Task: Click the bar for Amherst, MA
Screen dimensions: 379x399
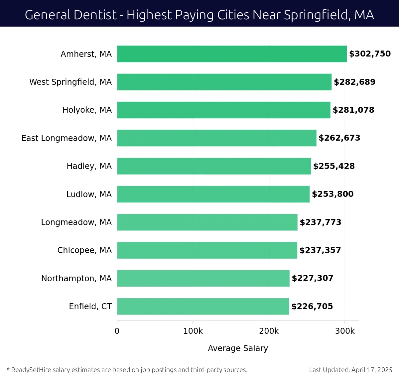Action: point(232,54)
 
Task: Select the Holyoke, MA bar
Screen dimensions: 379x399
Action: point(223,110)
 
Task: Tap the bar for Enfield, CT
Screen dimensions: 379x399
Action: point(203,307)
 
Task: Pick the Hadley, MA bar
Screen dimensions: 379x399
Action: point(214,166)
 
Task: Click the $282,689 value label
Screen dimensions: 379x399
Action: point(354,82)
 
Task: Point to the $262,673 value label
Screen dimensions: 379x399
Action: point(339,138)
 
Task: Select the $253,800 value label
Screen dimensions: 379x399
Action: point(332,194)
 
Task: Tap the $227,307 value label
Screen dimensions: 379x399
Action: point(312,278)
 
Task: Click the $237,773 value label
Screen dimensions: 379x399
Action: point(320,222)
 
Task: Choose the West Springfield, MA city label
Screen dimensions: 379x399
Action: point(70,82)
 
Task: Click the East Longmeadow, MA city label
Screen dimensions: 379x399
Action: point(66,138)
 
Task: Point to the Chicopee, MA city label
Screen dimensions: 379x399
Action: point(84,250)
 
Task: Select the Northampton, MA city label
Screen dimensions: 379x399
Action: point(76,279)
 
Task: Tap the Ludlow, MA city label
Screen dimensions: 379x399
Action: point(89,194)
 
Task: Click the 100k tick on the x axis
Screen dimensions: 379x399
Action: point(193,331)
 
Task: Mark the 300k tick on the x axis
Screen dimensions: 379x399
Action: point(345,331)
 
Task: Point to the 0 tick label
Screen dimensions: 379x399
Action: point(117,331)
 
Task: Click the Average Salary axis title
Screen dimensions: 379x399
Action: point(238,348)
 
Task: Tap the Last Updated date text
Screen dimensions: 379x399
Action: point(350,370)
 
